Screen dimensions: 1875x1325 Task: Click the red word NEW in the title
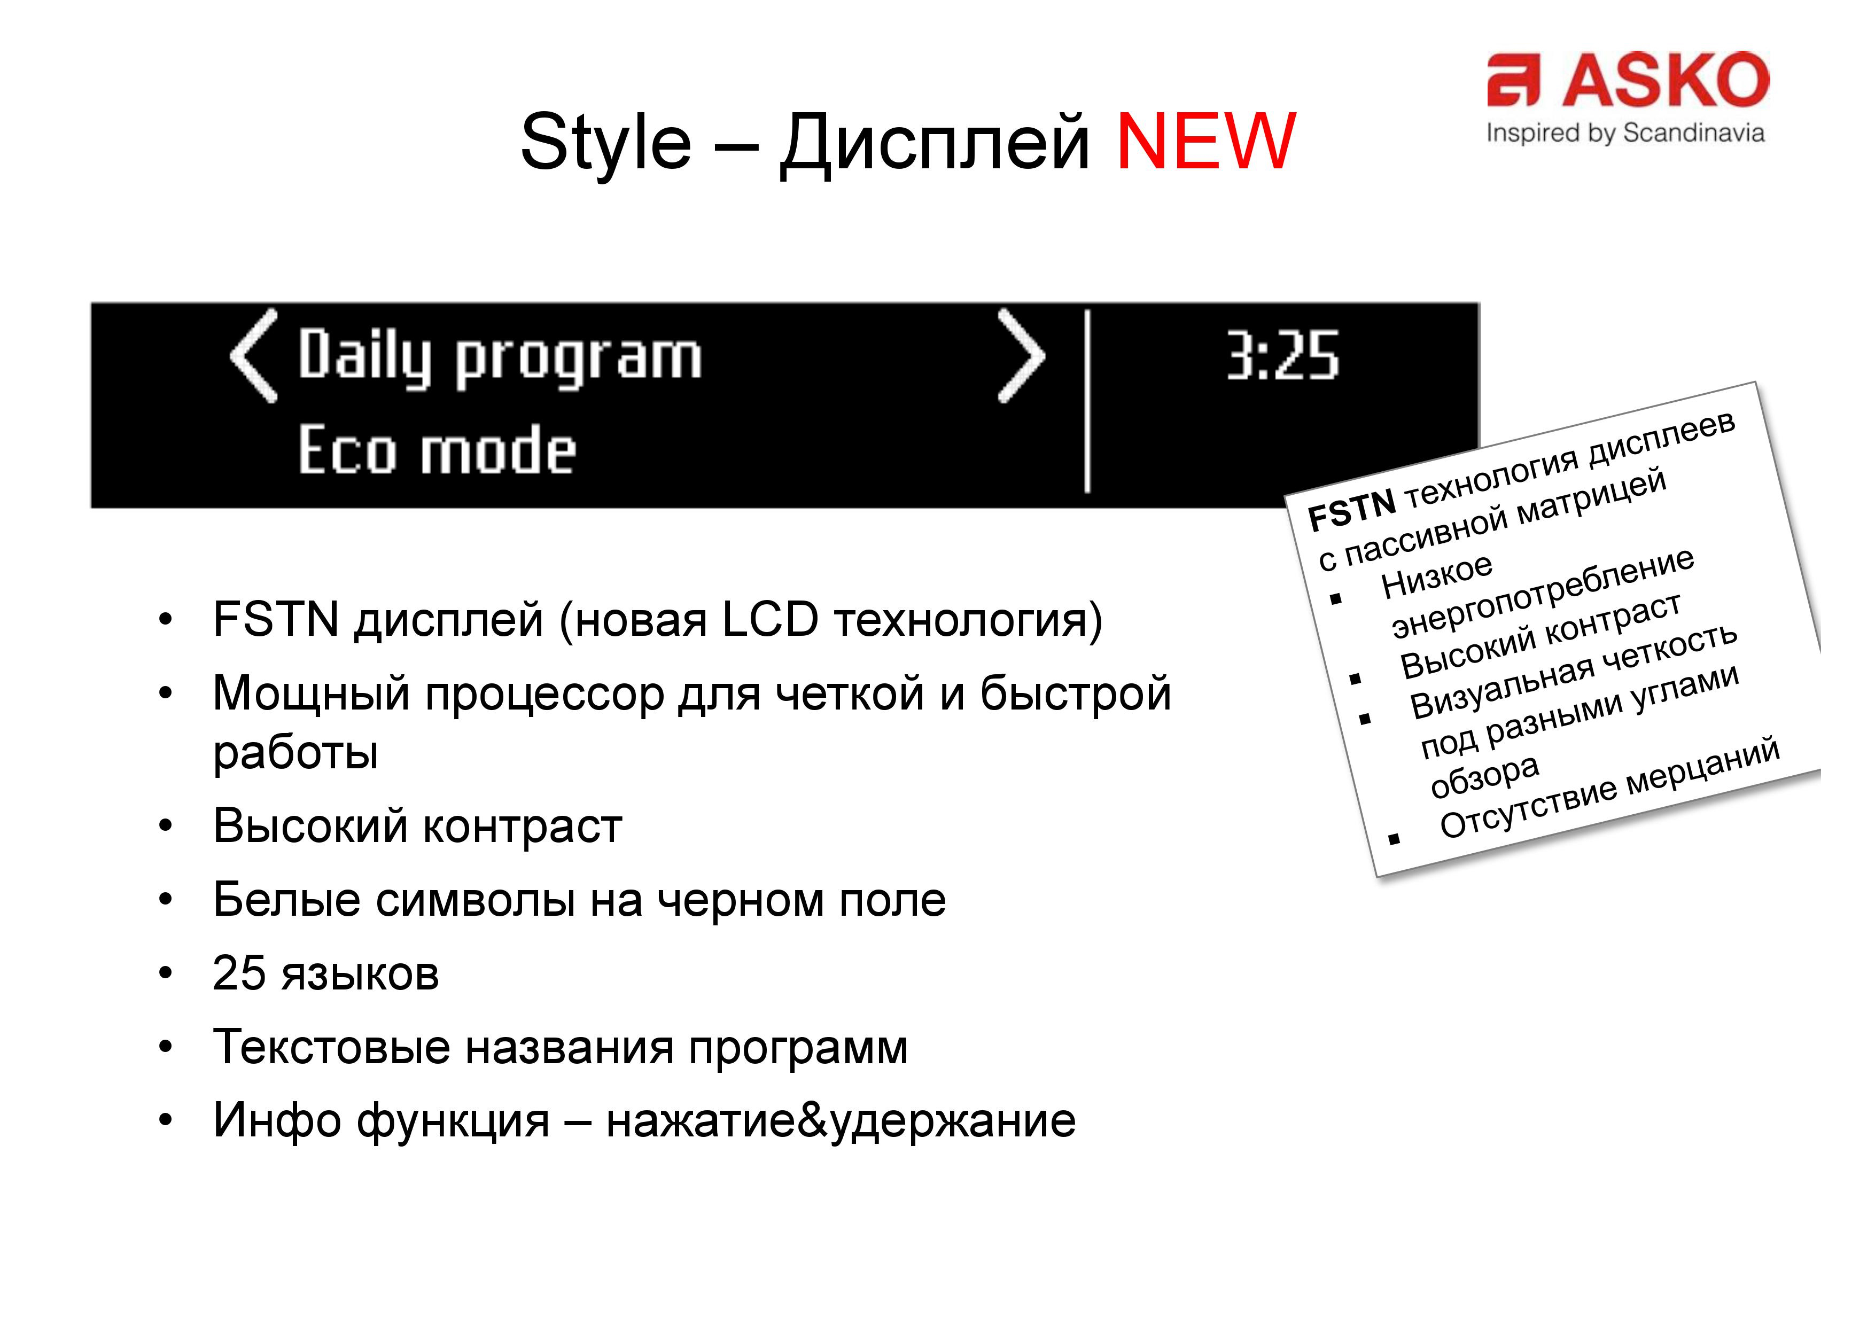pyautogui.click(x=1205, y=141)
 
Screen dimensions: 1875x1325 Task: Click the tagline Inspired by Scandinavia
pyautogui.click(x=1625, y=133)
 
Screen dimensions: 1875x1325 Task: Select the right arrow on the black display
pyautogui.click(x=1022, y=356)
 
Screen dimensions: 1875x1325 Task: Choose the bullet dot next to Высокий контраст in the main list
pyautogui.click(x=166, y=826)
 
